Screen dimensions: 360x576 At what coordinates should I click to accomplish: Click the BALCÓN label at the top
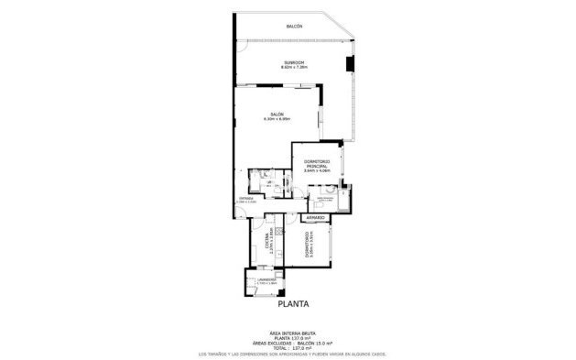(x=293, y=26)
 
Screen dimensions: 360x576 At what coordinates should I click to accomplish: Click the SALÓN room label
(x=277, y=114)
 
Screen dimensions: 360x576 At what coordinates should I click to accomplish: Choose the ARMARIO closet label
(x=316, y=217)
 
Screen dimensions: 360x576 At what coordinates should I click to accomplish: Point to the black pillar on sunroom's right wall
(x=349, y=64)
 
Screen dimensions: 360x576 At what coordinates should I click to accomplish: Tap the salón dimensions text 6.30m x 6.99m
(x=277, y=119)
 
